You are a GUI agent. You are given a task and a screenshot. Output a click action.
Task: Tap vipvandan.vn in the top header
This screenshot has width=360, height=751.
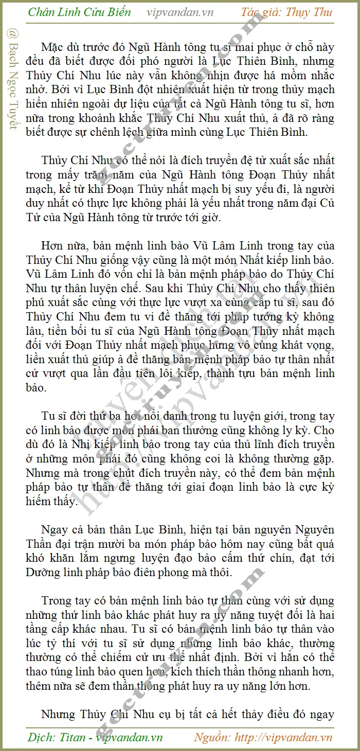click(x=180, y=12)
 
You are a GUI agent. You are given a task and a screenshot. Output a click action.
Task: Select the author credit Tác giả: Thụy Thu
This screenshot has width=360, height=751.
click(x=287, y=12)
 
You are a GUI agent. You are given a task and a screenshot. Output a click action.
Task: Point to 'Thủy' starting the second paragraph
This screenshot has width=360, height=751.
click(x=53, y=160)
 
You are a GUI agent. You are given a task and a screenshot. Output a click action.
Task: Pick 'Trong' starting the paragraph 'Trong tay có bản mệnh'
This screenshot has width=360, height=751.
click(x=55, y=600)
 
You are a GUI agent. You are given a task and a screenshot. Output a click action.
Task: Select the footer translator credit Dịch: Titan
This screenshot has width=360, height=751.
click(x=57, y=737)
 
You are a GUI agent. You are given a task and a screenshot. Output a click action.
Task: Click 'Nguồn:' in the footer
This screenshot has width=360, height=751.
click(x=212, y=737)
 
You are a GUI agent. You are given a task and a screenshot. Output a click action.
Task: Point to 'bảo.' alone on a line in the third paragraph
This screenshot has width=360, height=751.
click(x=36, y=387)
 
